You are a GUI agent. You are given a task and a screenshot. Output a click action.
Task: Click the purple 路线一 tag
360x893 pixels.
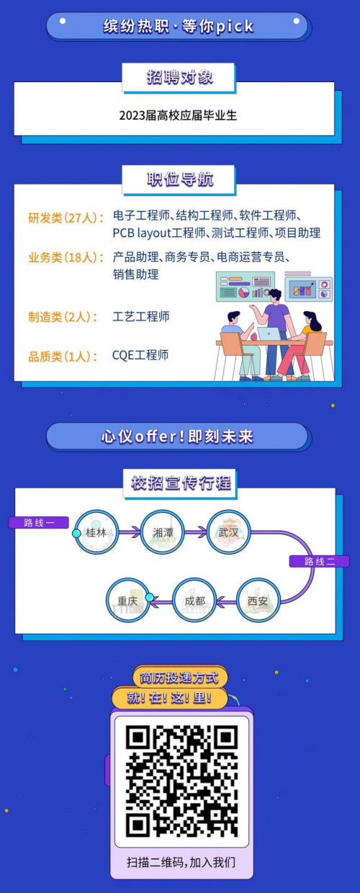(x=39, y=522)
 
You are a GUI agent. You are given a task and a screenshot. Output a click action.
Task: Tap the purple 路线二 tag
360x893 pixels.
(x=320, y=561)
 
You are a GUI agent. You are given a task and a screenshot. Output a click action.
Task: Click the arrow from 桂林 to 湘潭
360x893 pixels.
(x=130, y=531)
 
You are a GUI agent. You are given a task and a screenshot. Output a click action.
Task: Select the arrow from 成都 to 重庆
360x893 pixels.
(x=161, y=601)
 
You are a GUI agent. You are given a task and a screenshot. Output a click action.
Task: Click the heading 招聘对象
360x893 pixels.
(x=179, y=77)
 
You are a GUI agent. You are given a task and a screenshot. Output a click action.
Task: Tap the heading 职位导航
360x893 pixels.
(x=180, y=179)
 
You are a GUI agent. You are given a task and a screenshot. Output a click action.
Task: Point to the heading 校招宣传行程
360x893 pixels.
(x=181, y=483)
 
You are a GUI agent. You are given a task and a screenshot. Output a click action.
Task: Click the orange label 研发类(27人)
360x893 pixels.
(x=66, y=218)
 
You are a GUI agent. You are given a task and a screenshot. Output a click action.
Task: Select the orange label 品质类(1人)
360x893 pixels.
(x=63, y=356)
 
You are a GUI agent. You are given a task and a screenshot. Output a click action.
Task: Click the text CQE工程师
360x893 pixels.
(x=140, y=355)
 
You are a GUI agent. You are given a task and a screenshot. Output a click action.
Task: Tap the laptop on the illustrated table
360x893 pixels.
(x=269, y=333)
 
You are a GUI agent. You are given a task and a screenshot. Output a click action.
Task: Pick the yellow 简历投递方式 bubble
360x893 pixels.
(x=180, y=677)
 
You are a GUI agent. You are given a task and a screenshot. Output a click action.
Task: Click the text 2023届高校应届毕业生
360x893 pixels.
(x=178, y=115)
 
